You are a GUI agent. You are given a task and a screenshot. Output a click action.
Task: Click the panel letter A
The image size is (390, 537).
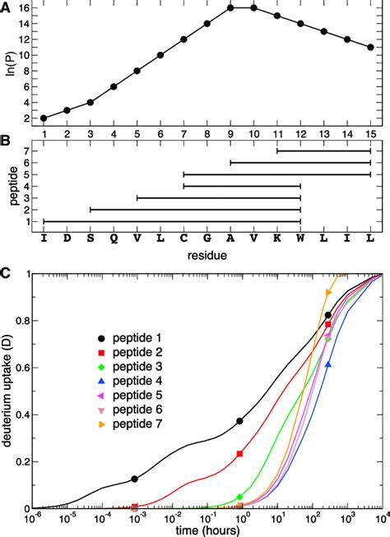tap(7, 7)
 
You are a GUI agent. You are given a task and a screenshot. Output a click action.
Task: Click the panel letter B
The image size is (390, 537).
tap(7, 140)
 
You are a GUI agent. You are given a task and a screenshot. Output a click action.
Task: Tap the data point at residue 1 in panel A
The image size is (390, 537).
tap(44, 118)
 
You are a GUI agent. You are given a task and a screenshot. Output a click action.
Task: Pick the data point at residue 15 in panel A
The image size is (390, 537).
tap(371, 47)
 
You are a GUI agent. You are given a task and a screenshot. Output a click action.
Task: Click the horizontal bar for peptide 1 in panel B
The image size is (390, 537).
tap(172, 220)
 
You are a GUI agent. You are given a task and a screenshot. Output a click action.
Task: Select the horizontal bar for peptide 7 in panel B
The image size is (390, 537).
tap(324, 150)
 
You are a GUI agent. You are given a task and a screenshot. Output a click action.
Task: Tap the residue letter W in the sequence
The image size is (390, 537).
tap(301, 236)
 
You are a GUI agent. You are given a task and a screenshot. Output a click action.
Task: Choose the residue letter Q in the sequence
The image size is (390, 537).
tap(114, 236)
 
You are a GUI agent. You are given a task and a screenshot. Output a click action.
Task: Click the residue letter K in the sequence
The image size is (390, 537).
tap(277, 236)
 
